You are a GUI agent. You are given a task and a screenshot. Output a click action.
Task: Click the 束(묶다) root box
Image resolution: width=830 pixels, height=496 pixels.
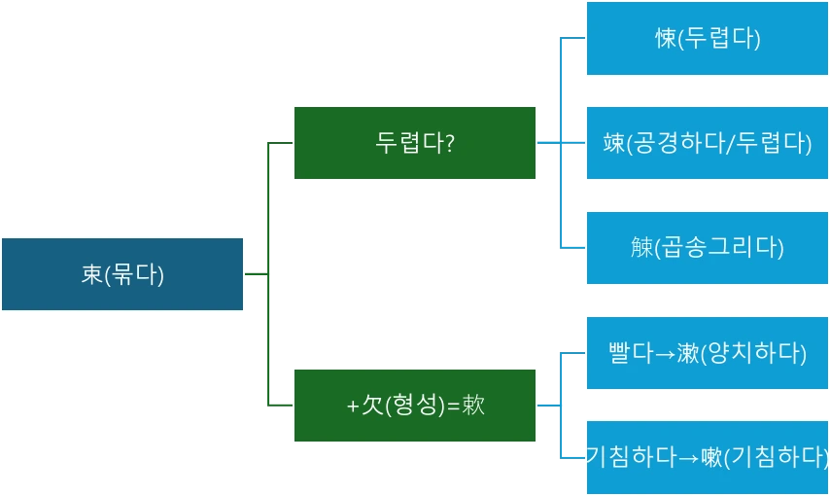122,274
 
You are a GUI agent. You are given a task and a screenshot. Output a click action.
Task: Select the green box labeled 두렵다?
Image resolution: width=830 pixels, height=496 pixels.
415,143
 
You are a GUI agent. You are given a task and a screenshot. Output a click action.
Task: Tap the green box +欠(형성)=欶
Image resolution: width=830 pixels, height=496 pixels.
415,406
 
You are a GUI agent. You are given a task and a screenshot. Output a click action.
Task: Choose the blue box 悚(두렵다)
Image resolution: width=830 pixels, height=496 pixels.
707,39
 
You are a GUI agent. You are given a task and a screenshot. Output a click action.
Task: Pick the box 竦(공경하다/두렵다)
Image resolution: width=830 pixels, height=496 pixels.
707,143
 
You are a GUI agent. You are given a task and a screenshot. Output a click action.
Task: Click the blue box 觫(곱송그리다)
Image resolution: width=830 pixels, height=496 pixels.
707,247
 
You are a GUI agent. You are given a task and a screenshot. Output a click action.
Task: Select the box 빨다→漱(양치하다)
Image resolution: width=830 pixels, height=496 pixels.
707,352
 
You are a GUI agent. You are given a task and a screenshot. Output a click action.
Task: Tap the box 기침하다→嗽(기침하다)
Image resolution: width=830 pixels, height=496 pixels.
707,456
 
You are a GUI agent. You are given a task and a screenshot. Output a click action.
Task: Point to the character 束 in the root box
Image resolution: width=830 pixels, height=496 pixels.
91,274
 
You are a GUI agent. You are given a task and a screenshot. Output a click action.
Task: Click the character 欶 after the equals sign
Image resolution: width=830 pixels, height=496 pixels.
473,406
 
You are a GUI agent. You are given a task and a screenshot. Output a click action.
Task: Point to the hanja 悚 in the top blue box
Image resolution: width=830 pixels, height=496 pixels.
665,39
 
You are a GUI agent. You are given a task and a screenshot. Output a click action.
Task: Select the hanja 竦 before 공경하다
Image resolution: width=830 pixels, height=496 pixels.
613,144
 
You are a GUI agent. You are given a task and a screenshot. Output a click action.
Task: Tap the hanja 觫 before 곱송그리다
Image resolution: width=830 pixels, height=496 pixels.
640,247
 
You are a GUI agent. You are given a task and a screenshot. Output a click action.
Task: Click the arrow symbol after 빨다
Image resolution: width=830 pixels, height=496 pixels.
665,353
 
